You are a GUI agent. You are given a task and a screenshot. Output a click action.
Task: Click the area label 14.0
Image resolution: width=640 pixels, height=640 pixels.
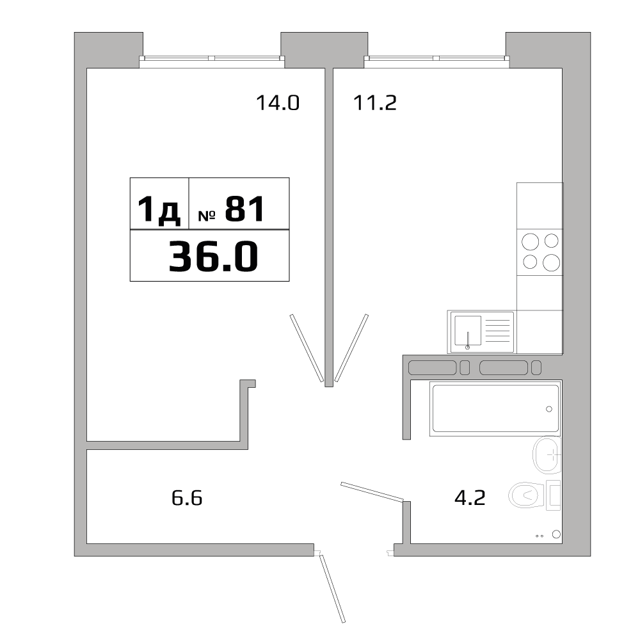(x=278, y=102)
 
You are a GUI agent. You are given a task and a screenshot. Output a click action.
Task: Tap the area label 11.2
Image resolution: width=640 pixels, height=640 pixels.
(x=375, y=102)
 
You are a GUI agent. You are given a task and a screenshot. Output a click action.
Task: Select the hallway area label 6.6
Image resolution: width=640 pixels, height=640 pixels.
(x=187, y=497)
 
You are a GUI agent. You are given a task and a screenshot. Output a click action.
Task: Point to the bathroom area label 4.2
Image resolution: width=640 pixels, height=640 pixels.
(x=470, y=497)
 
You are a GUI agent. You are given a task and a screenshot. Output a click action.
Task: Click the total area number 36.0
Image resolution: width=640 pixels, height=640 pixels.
(x=213, y=257)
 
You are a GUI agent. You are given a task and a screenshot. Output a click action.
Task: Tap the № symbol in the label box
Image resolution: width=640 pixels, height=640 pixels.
(x=206, y=216)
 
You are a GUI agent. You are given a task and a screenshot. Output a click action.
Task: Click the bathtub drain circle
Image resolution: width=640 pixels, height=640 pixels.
(x=548, y=409)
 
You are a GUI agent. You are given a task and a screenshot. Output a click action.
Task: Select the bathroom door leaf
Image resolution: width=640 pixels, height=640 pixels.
(x=372, y=492)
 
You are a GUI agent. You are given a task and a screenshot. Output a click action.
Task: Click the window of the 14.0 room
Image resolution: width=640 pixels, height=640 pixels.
(x=212, y=59)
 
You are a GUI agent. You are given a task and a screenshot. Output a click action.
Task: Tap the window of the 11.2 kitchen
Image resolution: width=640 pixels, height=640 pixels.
(x=437, y=59)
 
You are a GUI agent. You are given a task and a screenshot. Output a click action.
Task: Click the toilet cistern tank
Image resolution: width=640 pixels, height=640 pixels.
(x=554, y=495)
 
